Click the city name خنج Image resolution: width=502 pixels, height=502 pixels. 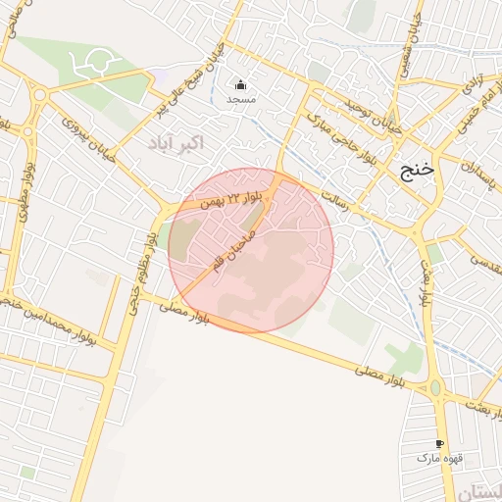point(417,171)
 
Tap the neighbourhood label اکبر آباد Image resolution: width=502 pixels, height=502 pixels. point(176,144)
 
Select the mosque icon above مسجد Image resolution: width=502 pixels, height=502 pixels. point(241,83)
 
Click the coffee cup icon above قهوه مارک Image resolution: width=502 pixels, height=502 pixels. point(438,444)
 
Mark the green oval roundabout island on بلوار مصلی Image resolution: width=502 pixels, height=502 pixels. point(435,388)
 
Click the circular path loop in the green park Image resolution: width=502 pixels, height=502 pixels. point(97,63)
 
